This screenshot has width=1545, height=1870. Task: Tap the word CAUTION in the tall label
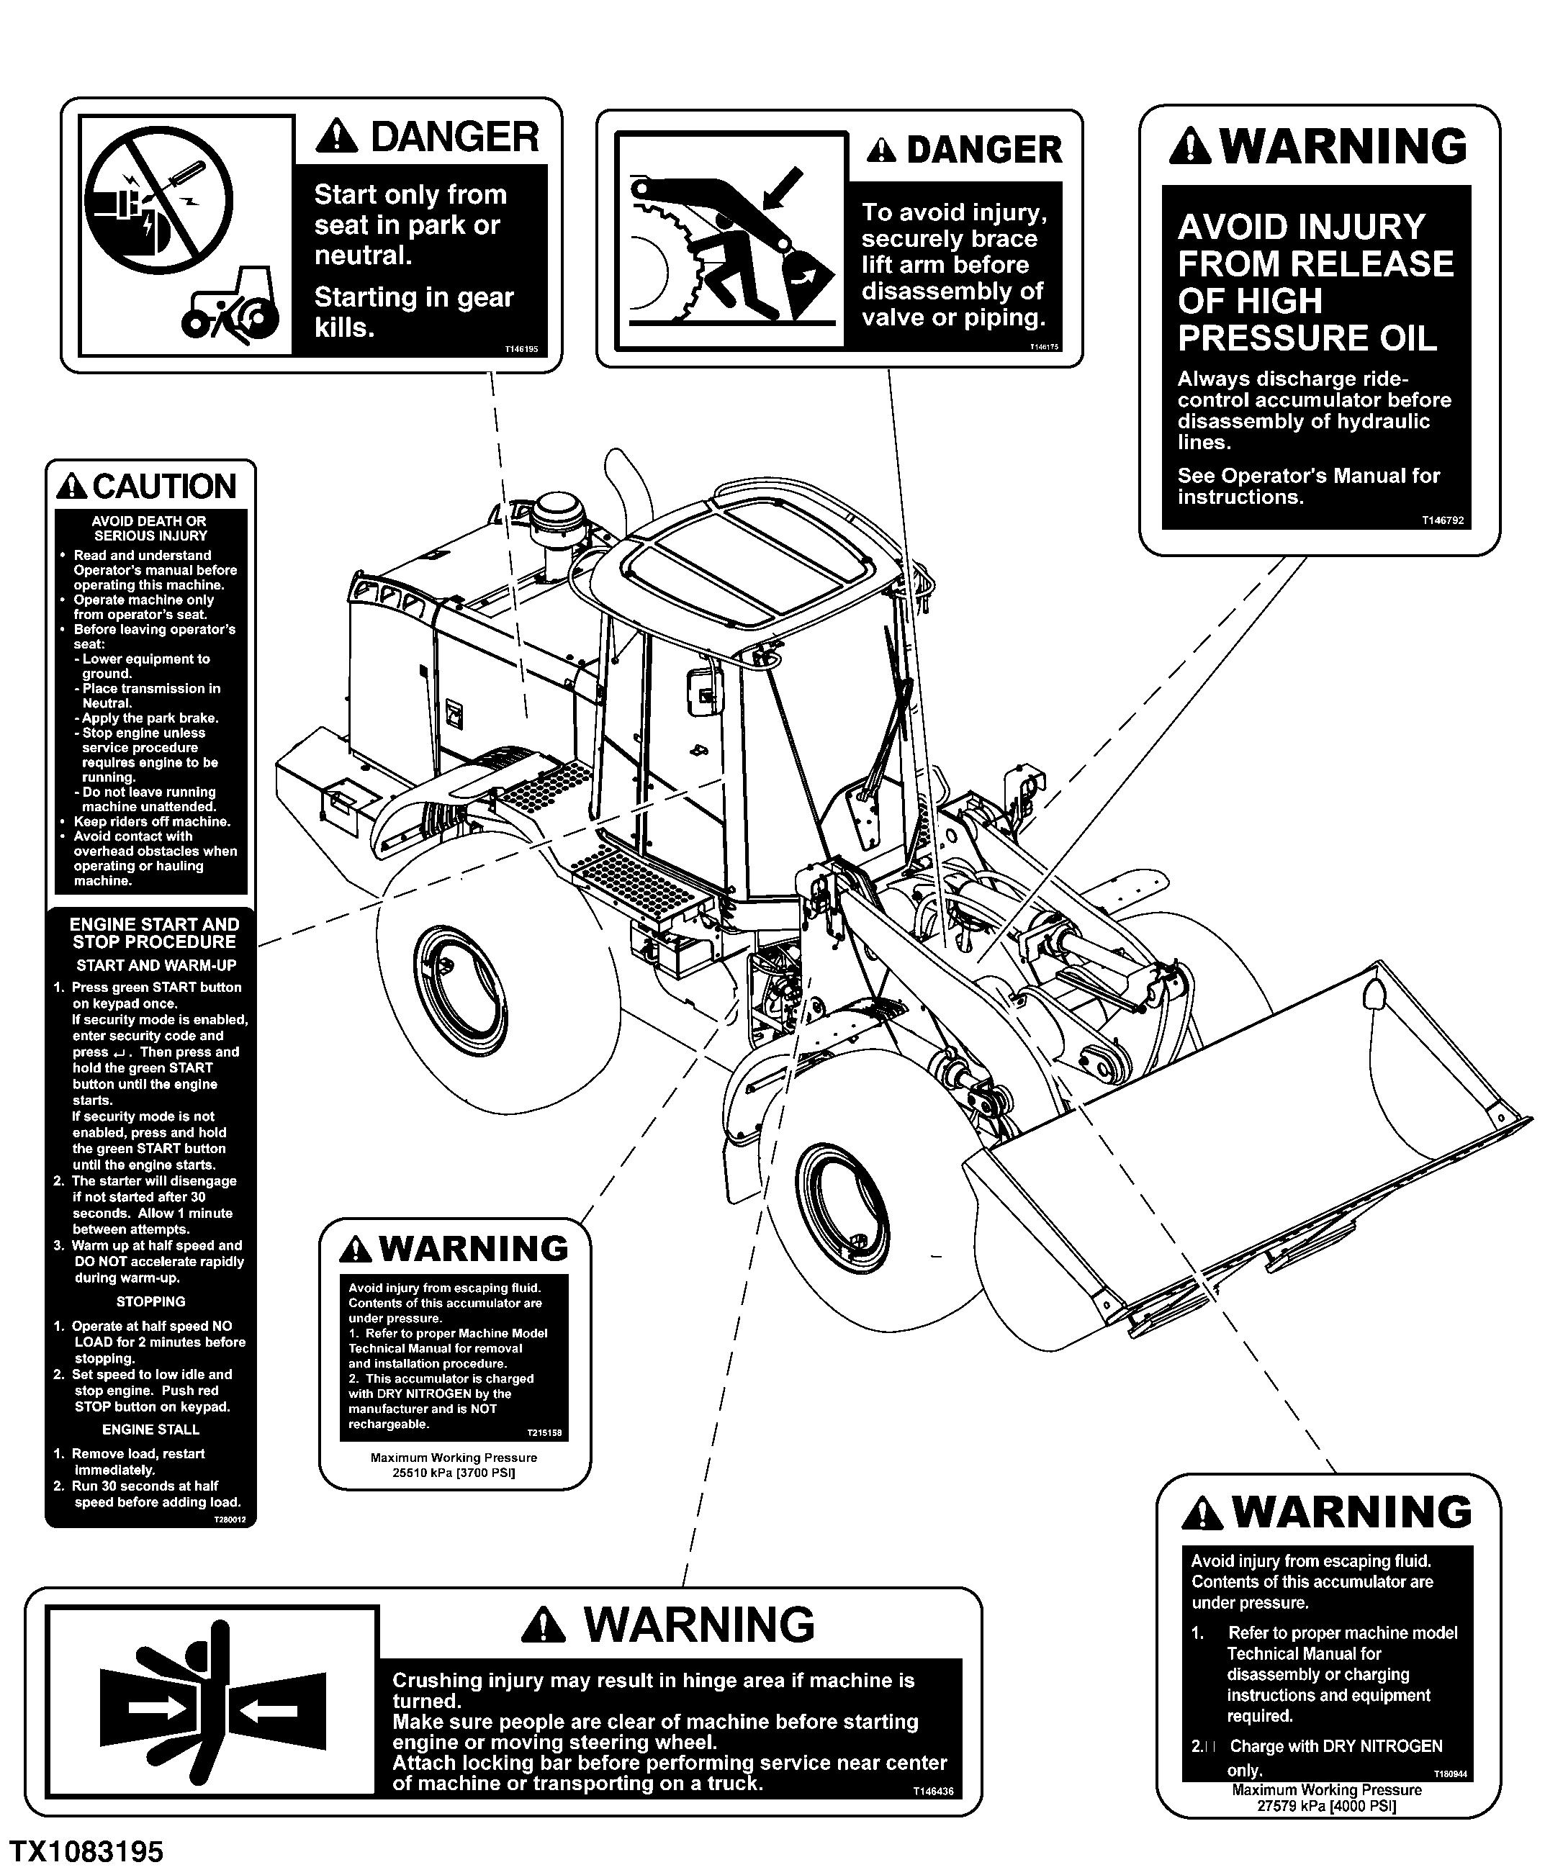point(163,487)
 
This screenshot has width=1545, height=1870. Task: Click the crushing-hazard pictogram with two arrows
point(212,1707)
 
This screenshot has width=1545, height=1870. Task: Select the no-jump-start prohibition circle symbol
point(158,197)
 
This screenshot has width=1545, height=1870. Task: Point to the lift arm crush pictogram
point(730,240)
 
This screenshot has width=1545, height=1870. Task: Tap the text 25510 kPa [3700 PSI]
point(454,1473)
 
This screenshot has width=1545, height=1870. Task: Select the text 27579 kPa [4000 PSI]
point(1326,1806)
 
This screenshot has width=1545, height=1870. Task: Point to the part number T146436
point(933,1791)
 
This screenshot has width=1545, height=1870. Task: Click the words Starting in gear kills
point(413,312)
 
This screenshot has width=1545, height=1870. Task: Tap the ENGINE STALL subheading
point(150,1429)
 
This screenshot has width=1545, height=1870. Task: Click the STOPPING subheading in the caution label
point(150,1301)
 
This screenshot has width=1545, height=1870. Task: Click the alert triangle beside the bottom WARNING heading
point(543,1625)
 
